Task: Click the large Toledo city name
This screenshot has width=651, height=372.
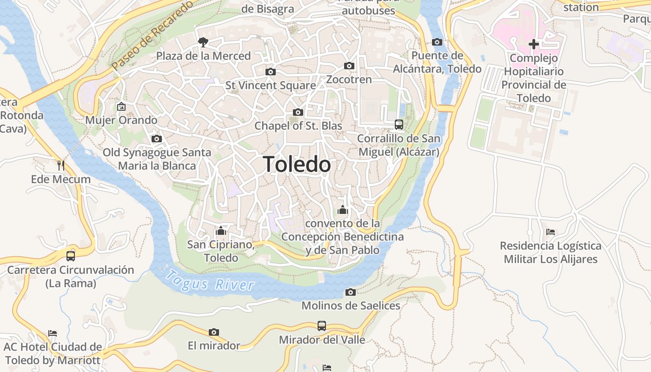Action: (x=297, y=165)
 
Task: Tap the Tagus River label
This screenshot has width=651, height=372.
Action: (x=212, y=280)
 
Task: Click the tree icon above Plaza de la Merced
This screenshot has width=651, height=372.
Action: (x=203, y=42)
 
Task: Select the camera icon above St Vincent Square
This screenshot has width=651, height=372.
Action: (x=270, y=72)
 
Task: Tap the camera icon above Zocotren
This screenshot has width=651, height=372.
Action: (x=349, y=66)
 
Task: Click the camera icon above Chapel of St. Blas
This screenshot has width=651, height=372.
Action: (x=298, y=112)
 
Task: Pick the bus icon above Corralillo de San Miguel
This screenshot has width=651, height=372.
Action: (x=399, y=125)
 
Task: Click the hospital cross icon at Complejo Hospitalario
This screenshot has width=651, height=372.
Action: (x=534, y=44)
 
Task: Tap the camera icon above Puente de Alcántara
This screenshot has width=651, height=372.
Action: (x=437, y=42)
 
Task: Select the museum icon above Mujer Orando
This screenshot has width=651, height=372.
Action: (x=121, y=106)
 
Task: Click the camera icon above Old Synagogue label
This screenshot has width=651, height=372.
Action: (x=157, y=139)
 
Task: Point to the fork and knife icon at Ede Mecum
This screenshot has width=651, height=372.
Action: (x=60, y=165)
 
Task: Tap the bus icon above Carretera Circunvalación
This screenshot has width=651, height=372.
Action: (x=71, y=256)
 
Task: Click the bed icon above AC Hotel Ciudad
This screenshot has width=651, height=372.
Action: (x=53, y=333)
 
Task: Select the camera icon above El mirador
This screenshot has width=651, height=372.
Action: (x=214, y=332)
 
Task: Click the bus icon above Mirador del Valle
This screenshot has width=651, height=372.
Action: (x=322, y=325)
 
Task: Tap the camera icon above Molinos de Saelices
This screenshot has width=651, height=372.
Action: (x=351, y=292)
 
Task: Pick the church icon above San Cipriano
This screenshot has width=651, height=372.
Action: (x=221, y=231)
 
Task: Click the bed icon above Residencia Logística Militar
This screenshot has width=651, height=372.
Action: (x=551, y=232)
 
